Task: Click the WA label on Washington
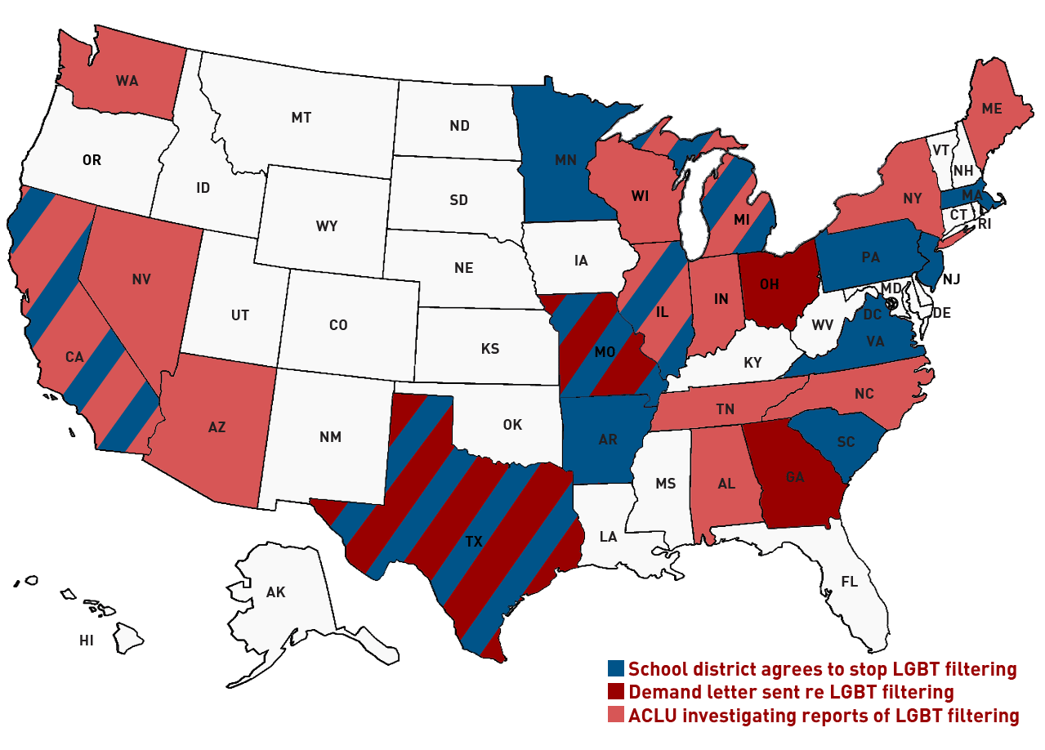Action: coord(127,81)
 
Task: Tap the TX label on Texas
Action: coord(473,541)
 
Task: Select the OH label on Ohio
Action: coord(769,285)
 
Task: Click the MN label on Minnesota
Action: coord(565,159)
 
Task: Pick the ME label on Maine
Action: coord(992,109)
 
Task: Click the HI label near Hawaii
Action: coord(87,641)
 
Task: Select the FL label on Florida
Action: coord(850,582)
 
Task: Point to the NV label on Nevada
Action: coord(141,279)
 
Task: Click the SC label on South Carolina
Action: coord(846,442)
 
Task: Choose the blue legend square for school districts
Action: coord(616,669)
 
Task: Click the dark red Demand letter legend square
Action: coord(616,692)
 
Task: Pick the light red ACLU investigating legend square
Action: coord(616,716)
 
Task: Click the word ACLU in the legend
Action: coord(650,716)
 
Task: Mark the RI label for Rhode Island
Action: coord(984,221)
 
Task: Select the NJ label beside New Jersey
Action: coord(951,279)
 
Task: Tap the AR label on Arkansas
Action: coord(608,440)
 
